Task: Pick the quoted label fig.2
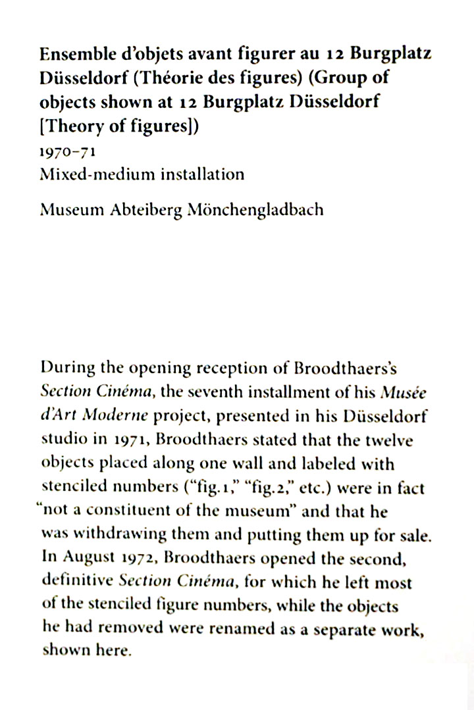(261, 488)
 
